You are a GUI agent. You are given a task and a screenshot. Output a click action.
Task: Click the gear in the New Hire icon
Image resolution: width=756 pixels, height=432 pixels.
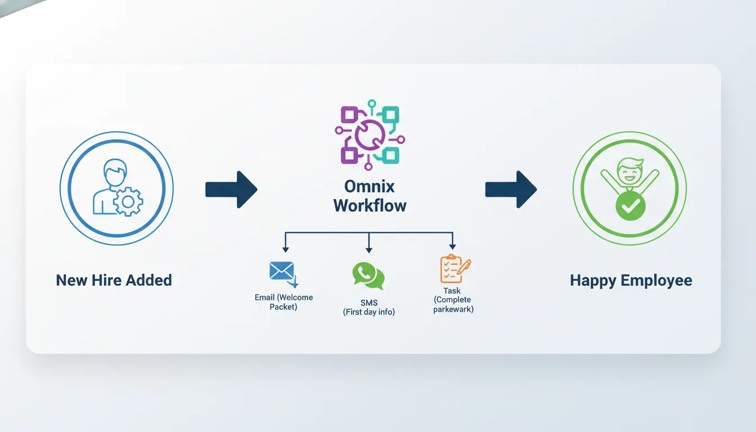tap(128, 201)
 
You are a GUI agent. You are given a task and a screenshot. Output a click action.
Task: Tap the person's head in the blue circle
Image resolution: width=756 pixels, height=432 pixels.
tap(115, 173)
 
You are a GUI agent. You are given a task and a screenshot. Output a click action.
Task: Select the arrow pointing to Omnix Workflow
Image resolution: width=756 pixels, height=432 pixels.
tap(231, 190)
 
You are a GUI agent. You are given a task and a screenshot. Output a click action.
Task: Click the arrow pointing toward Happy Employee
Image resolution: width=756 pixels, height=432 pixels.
tap(511, 190)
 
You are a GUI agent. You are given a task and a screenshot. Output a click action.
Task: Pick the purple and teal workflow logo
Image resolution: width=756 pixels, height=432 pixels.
tap(370, 134)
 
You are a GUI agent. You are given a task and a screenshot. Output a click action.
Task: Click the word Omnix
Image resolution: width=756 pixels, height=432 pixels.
tap(370, 186)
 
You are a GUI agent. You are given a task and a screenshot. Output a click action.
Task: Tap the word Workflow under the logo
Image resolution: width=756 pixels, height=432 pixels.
tap(370, 205)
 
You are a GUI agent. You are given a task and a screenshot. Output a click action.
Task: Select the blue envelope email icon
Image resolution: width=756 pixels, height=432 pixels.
tap(282, 271)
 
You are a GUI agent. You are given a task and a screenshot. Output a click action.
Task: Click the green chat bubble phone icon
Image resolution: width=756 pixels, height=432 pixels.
tap(368, 276)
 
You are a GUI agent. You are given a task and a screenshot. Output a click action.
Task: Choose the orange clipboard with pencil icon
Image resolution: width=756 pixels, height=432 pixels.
tap(453, 269)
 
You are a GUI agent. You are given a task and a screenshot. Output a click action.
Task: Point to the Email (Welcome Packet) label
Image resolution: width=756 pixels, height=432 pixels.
tap(283, 302)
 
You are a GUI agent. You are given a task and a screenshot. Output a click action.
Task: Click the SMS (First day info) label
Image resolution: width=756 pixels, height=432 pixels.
tap(368, 307)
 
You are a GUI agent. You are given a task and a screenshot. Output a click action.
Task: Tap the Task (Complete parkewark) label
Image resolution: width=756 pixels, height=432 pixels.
tap(453, 300)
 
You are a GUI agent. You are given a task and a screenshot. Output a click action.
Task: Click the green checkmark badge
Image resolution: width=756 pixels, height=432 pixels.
tap(630, 206)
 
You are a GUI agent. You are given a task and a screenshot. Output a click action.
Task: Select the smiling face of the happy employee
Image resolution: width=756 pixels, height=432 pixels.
tap(629, 169)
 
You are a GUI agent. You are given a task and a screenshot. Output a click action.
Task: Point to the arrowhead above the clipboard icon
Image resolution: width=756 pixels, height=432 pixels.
tap(452, 246)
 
